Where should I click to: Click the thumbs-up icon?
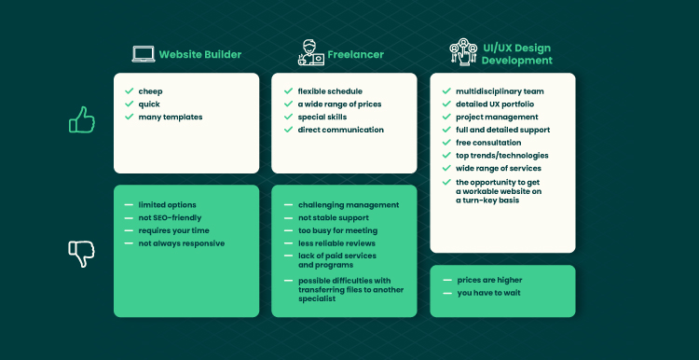(x=82, y=119)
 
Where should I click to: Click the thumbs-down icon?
(x=82, y=254)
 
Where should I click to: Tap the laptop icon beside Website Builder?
(x=144, y=54)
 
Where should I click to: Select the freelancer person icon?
(x=311, y=52)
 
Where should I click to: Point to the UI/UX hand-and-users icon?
(x=463, y=52)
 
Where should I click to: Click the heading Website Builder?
(x=200, y=54)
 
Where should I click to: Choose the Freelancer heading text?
(x=356, y=54)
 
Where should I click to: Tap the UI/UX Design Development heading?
(x=516, y=54)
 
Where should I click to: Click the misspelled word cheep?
(x=150, y=91)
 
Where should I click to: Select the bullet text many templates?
(x=171, y=117)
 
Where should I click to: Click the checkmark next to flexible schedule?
(x=288, y=91)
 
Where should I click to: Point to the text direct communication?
(x=340, y=130)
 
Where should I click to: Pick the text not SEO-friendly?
(x=170, y=217)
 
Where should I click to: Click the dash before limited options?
(x=129, y=205)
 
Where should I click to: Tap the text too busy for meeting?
(x=338, y=230)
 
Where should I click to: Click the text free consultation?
(x=488, y=143)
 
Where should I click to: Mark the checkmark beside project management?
(x=446, y=117)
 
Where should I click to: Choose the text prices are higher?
(x=489, y=280)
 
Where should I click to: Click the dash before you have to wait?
(x=447, y=293)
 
